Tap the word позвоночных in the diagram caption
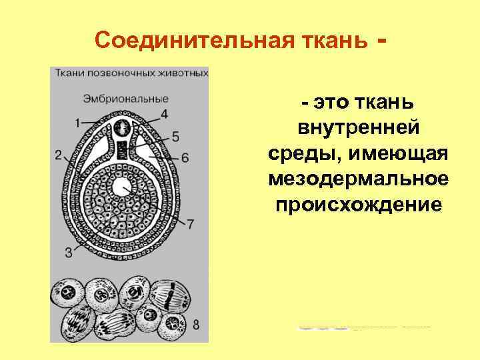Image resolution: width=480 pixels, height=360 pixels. [118, 72]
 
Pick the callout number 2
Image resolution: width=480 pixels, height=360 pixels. [59, 155]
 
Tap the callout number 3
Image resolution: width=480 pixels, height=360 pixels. [68, 252]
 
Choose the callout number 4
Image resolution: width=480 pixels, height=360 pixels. [164, 113]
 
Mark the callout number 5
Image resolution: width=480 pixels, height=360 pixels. [175, 137]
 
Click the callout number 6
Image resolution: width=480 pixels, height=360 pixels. [185, 157]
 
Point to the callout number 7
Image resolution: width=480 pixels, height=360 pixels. [190, 225]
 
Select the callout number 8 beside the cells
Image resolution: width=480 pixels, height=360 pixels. [196, 325]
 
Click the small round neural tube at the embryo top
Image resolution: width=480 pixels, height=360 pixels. [123, 127]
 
